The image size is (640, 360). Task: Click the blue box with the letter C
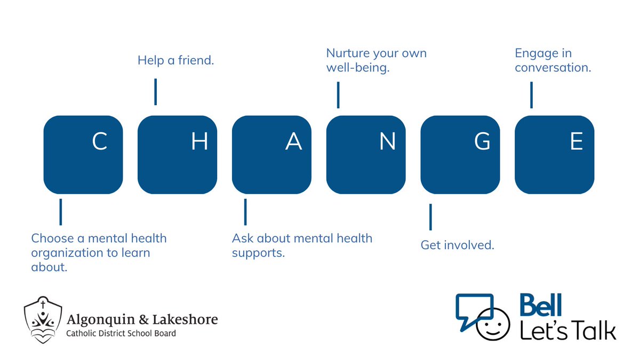coord(83,154)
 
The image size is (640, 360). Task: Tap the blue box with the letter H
coord(178,154)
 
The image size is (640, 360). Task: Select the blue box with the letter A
coord(271,154)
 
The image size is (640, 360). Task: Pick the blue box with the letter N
coord(366,154)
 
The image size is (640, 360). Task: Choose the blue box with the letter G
coord(460,154)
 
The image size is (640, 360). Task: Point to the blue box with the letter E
coord(555,154)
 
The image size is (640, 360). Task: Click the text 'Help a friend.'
coord(175,61)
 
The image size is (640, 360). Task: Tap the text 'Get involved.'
coord(458,245)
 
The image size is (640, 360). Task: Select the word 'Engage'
coord(535,54)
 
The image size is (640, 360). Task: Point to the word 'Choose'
coord(51,238)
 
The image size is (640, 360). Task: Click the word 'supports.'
coord(259,253)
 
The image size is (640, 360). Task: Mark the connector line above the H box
coord(155,92)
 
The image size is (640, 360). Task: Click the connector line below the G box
coord(430,217)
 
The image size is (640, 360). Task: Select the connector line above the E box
coord(531,95)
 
